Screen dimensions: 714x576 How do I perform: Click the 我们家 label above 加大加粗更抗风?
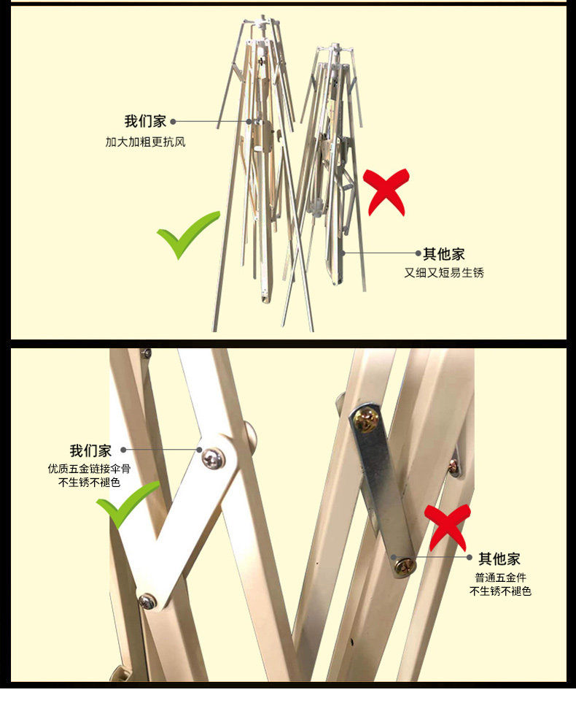pos(145,121)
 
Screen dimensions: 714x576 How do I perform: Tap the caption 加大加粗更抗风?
pos(145,142)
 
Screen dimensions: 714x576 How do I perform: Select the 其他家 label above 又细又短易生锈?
pos(443,254)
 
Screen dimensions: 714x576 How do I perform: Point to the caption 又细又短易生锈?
pos(444,272)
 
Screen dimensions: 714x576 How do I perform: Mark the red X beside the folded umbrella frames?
pos(386,191)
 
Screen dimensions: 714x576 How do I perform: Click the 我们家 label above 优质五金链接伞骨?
pos(90,450)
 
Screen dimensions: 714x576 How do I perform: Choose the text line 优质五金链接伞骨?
pos(89,469)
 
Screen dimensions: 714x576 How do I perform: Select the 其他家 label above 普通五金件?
pos(499,559)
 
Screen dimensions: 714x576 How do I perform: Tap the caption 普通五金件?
pos(499,577)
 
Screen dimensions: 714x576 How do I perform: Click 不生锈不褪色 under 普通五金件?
pos(499,591)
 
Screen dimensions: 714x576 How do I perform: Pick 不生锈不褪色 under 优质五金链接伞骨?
pos(89,483)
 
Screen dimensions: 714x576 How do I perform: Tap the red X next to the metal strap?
pos(448,526)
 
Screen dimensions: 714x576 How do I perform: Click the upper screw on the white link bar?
pos(213,458)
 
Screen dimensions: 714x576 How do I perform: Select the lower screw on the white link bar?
pos(148,602)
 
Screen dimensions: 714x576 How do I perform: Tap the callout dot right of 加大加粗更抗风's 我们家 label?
pos(174,121)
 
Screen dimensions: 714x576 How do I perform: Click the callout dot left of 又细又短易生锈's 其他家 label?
pos(419,254)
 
